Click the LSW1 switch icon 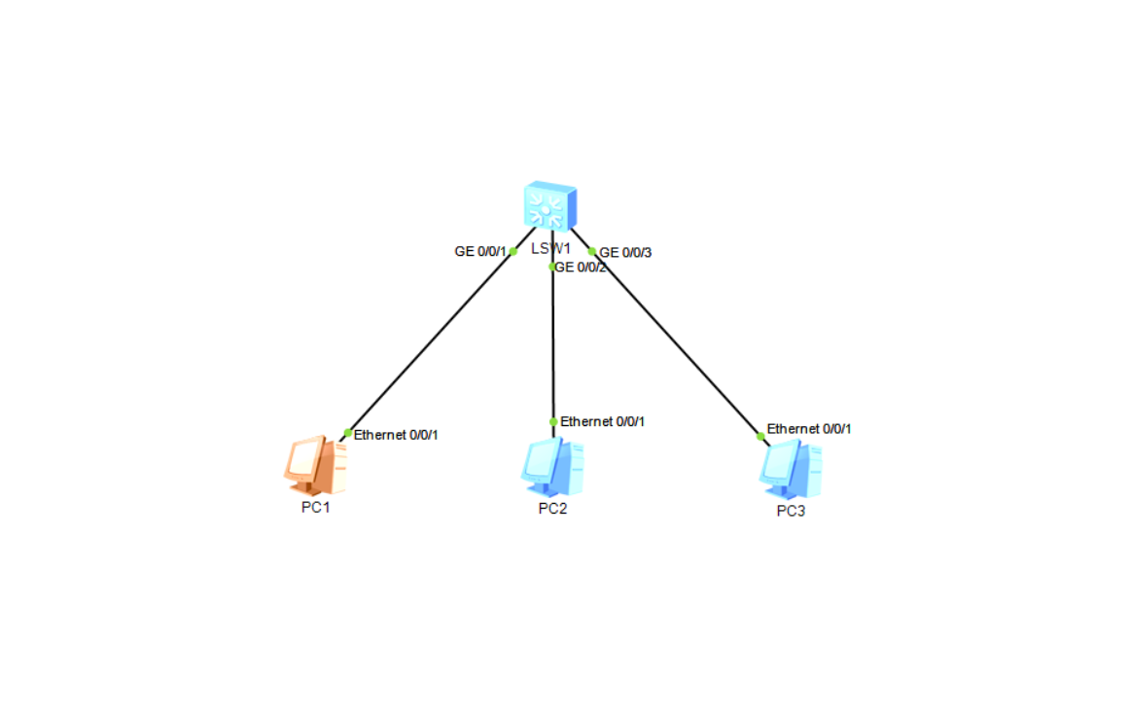[549, 206]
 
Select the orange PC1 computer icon [315, 466]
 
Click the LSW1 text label [550, 248]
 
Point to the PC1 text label [316, 508]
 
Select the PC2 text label [552, 510]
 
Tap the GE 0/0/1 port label [480, 251]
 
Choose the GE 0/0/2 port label [581, 268]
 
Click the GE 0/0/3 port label [625, 253]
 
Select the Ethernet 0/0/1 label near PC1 [396, 435]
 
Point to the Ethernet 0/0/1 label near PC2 [603, 421]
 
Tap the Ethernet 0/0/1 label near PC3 [809, 428]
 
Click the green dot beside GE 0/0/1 [512, 251]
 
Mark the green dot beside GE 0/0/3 [592, 251]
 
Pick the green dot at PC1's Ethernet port [347, 433]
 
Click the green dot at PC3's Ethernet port [760, 436]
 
